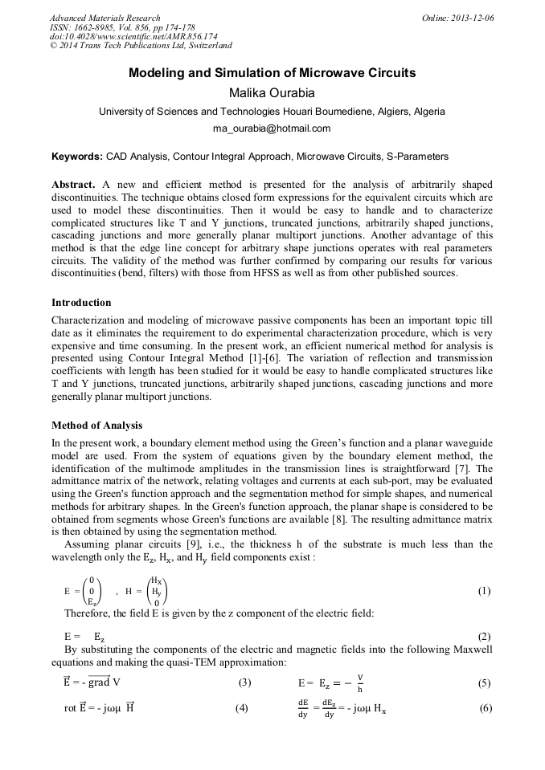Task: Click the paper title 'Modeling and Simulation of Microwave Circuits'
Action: [x=272, y=73]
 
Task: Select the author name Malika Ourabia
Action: [x=272, y=92]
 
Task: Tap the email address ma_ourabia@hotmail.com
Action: [x=272, y=128]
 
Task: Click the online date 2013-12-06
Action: [x=472, y=18]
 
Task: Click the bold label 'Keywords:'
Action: [x=77, y=156]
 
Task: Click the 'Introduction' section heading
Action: [x=81, y=303]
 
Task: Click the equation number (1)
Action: [x=484, y=591]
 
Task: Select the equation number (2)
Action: [x=484, y=635]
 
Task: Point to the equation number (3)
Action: [x=244, y=683]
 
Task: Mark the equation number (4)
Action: [x=242, y=708]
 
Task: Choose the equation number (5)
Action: [x=484, y=683]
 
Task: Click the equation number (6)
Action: [x=485, y=708]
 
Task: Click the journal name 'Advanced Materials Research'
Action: [x=104, y=18]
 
